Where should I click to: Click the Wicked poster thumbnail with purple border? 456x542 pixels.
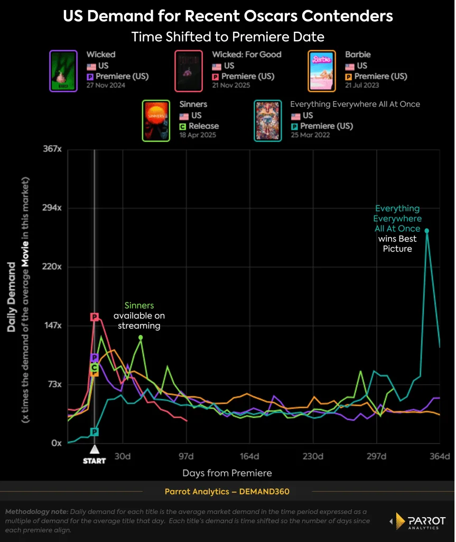pos(63,71)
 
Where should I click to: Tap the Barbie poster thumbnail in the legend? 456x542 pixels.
pos(322,71)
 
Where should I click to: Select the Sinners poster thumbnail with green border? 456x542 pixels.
pos(156,121)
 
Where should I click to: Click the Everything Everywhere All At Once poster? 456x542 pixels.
pos(268,121)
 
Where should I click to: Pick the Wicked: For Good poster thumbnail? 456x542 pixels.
pos(189,71)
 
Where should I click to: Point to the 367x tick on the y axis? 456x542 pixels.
pos(52,149)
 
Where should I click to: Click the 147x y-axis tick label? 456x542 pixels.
pos(52,326)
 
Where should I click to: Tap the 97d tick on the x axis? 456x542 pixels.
pos(187,456)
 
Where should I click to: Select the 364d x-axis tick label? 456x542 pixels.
pos(440,456)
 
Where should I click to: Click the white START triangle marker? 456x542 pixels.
pos(94,450)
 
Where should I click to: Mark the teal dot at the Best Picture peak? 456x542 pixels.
pos(427,231)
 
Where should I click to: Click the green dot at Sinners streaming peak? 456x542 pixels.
pos(141,337)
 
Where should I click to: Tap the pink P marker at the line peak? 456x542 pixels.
pos(95,317)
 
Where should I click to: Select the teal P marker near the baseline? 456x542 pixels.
pos(94,432)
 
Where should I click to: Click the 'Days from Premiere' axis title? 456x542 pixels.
pos(227,473)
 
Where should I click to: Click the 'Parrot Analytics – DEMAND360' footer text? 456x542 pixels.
pos(227,492)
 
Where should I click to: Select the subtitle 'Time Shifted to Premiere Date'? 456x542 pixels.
pos(228,37)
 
